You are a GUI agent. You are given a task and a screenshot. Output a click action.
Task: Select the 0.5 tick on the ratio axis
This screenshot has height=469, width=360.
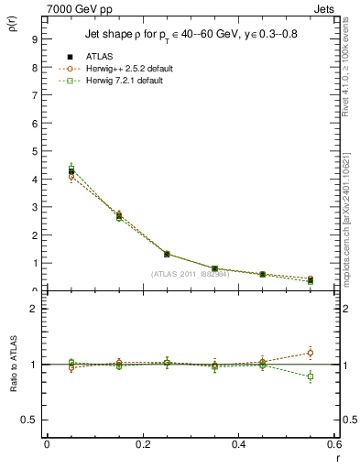pyautogui.click(x=29, y=420)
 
